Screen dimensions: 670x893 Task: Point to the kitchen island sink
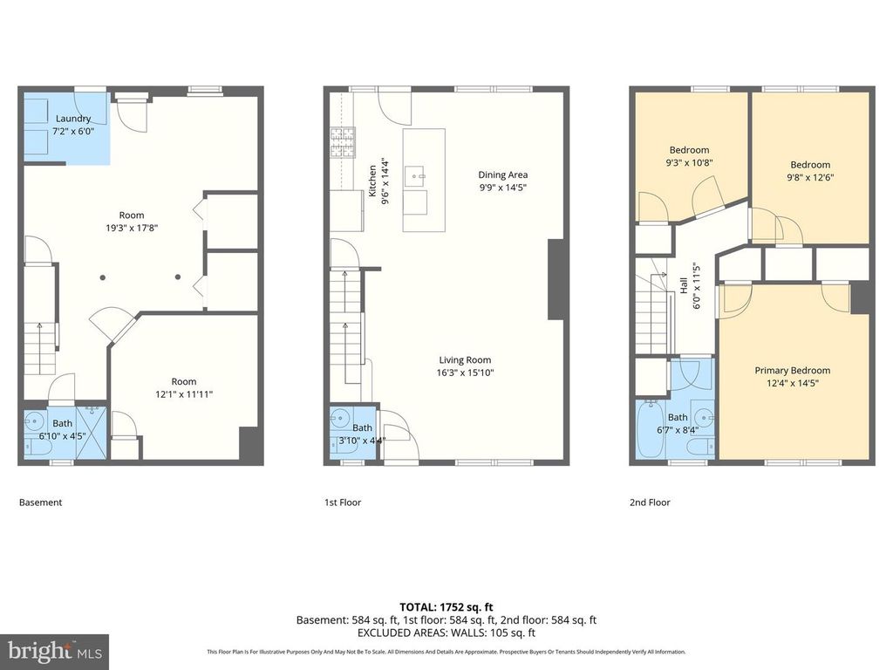(421, 175)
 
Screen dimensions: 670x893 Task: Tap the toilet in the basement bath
(35, 447)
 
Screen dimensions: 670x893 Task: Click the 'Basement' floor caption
(41, 502)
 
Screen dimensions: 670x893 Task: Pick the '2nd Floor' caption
(650, 502)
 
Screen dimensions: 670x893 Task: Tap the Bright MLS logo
(54, 651)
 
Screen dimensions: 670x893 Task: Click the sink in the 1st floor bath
(339, 419)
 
